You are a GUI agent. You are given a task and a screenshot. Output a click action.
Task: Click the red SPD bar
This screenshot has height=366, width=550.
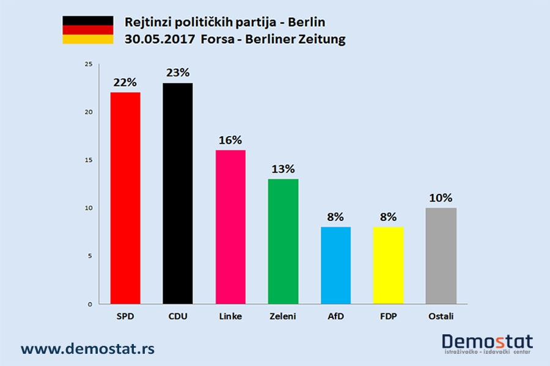(125, 198)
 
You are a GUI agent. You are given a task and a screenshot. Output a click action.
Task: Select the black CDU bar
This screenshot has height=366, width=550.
(178, 193)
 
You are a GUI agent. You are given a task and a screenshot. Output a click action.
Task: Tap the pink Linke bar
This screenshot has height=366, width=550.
(230, 226)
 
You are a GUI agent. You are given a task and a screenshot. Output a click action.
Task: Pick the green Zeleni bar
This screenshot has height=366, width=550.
(283, 241)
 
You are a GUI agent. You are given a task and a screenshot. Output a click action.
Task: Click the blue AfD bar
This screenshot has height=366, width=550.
(335, 265)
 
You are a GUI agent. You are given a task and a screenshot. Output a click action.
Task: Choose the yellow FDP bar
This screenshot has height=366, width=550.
(388, 265)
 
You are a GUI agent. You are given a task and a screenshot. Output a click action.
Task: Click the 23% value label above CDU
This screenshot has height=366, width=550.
(178, 73)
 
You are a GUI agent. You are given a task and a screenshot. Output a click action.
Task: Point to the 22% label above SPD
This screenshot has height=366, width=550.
(125, 82)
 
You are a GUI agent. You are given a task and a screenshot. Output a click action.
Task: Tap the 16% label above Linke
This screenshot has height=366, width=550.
(230, 140)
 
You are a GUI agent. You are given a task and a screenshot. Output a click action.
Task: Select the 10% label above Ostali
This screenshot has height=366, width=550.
(441, 198)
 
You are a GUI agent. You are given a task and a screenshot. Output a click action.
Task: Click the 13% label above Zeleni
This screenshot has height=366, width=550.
(283, 168)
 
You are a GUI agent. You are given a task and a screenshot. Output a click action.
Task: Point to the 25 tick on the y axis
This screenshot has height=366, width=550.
(89, 64)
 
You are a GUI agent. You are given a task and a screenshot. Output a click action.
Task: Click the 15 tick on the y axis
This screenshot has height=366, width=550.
(89, 160)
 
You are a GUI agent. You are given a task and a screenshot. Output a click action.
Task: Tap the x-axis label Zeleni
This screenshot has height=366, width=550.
(283, 316)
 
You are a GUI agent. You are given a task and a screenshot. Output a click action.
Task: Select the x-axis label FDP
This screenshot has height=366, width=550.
(388, 316)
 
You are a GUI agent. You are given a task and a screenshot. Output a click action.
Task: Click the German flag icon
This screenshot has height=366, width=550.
(87, 30)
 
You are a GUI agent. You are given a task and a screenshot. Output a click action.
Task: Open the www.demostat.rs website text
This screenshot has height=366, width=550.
(87, 349)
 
